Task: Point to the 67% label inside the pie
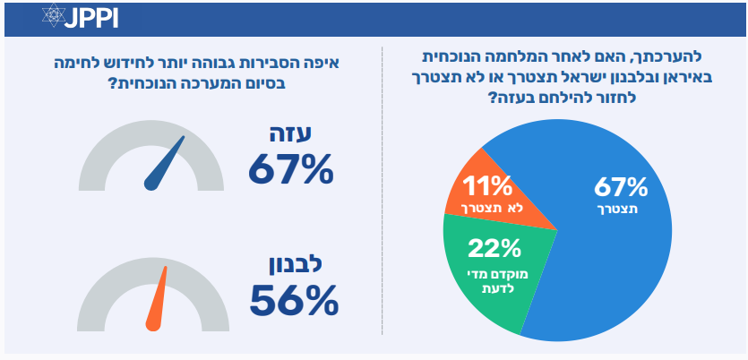click(620, 187)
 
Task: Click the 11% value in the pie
click(486, 186)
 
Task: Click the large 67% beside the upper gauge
click(290, 167)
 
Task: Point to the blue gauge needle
click(167, 164)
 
